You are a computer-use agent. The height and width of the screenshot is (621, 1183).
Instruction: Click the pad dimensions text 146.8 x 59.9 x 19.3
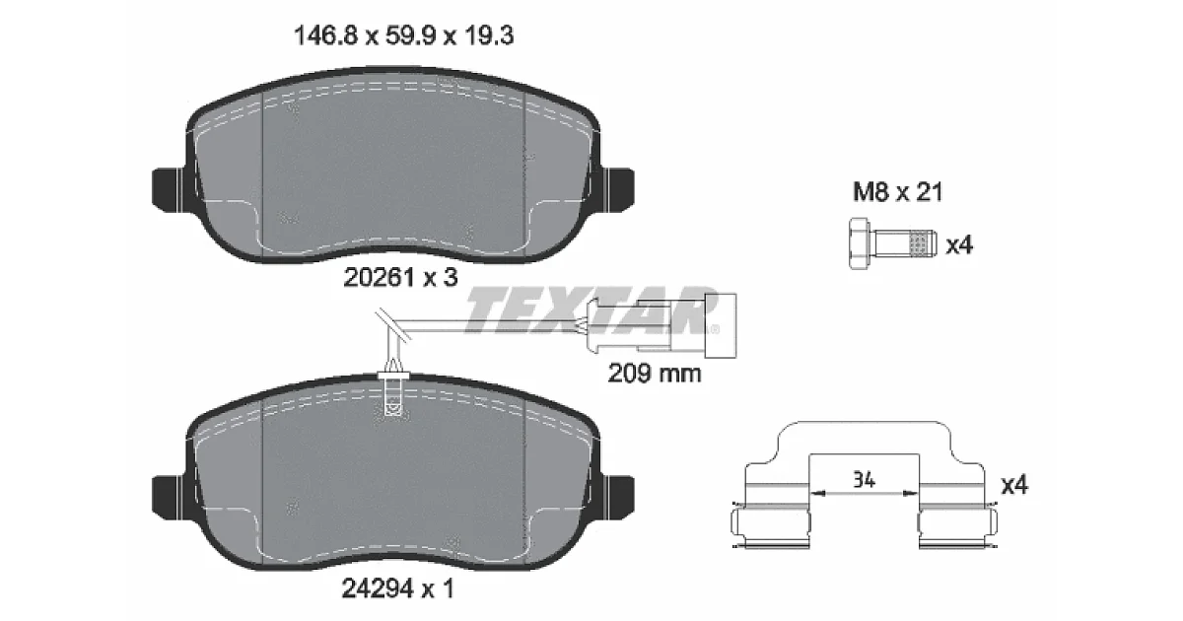coord(403,36)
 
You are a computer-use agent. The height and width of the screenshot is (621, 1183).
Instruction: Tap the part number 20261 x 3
coord(400,277)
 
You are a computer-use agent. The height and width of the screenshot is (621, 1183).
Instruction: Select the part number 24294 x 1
coord(397,588)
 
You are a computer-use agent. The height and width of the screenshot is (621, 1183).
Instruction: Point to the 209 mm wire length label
coord(655,374)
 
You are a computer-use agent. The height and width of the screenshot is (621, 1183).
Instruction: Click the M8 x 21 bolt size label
coord(898,191)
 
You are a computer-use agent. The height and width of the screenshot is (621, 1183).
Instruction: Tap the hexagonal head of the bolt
coord(860,243)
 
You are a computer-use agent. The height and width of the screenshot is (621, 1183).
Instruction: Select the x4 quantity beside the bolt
coord(959,244)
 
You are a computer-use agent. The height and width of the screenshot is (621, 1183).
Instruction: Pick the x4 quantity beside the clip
coord(1014,485)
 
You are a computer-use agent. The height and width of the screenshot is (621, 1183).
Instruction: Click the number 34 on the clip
coord(864,480)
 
